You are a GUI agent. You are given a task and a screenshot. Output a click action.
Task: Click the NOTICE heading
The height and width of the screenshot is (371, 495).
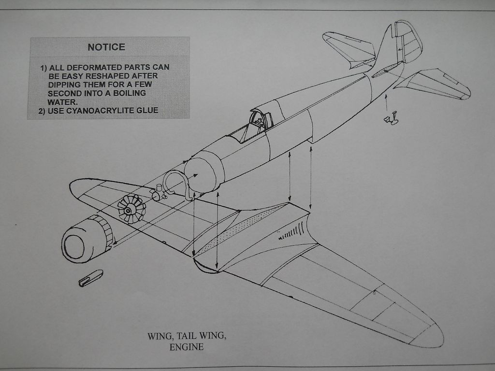coord(106,47)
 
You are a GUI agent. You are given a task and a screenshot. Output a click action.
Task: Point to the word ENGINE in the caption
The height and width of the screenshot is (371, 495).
coord(186,347)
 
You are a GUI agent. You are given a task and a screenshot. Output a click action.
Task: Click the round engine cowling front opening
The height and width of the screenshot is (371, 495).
coord(74,246)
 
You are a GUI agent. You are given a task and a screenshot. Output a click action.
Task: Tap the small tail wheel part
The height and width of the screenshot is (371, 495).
coord(391,119)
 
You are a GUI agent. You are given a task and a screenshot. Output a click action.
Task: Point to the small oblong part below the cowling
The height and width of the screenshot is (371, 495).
coord(90,278)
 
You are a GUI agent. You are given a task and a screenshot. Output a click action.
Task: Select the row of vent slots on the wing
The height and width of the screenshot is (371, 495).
coord(293,231)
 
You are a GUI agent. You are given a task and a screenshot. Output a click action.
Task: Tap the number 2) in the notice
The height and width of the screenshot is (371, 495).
coord(42,111)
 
